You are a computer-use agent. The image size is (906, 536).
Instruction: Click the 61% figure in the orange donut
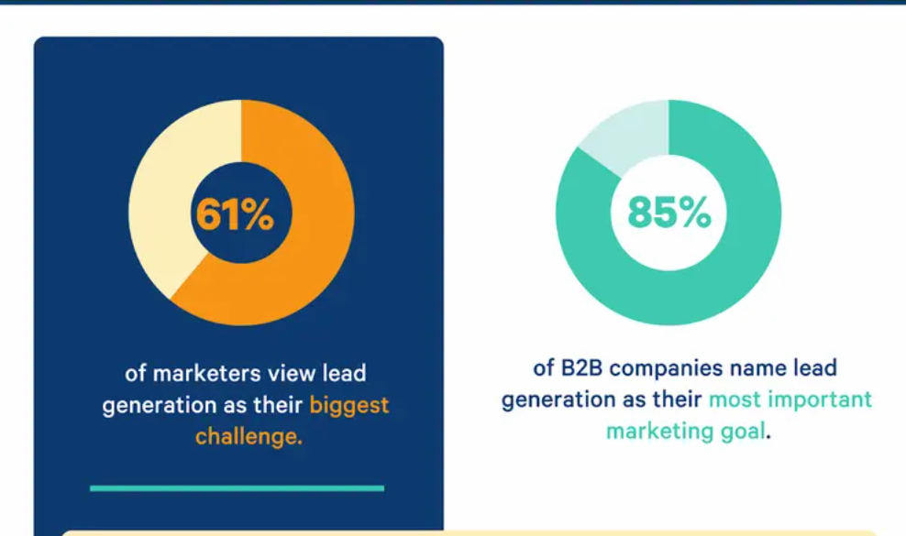pyautogui.click(x=234, y=213)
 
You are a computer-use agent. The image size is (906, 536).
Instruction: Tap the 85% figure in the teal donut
pyautogui.click(x=668, y=213)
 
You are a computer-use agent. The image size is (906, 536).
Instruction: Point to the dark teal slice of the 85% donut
pyautogui.click(x=734, y=266)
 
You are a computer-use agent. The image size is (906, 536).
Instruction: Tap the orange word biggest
pyautogui.click(x=349, y=405)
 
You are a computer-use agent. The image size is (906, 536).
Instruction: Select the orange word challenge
pyautogui.click(x=249, y=436)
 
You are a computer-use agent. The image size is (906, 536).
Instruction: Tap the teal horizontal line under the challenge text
pyautogui.click(x=237, y=487)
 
